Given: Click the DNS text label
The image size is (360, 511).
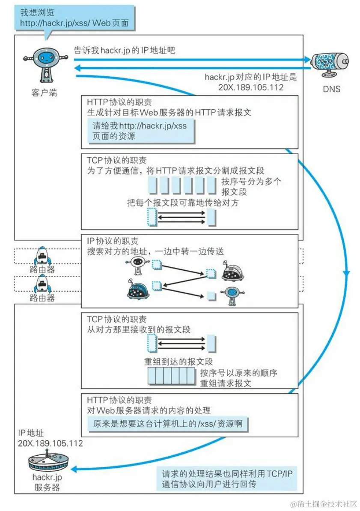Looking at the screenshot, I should coord(332,89).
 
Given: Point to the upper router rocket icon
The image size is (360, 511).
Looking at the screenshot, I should coord(42,255).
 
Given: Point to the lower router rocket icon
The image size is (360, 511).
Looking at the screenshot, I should coord(42,283).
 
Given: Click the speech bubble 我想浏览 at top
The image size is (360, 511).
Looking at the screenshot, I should coord(74,18).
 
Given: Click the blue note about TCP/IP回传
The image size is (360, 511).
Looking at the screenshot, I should coord(226,479).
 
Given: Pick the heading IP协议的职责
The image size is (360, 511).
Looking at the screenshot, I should coord(113,241).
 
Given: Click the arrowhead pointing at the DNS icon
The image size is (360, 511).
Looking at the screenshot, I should coord(307,60).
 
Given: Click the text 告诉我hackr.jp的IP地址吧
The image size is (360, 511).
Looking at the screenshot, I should coord(125,50).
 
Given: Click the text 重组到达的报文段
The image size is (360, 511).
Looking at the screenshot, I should coord(179,361).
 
